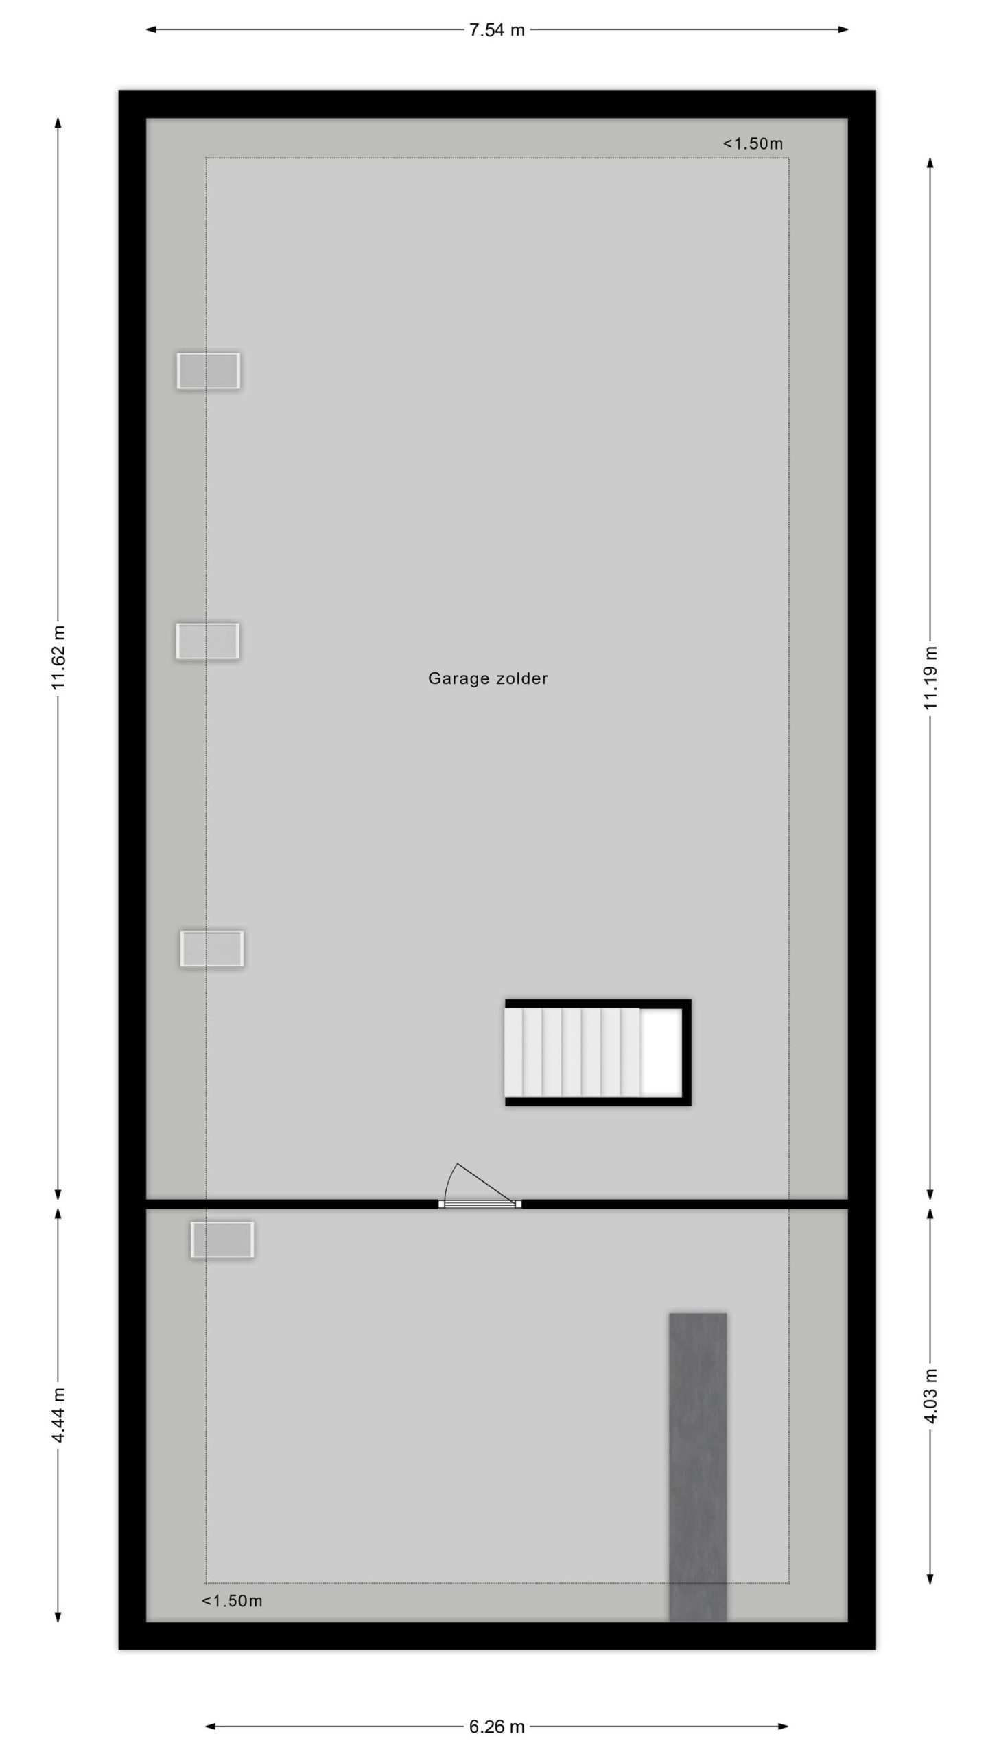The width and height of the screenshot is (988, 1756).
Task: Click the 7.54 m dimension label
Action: click(x=497, y=30)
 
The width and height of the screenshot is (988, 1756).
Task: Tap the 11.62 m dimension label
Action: click(x=59, y=657)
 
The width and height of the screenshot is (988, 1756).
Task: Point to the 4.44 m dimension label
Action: click(x=59, y=1414)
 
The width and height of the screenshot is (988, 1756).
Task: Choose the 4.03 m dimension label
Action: click(x=930, y=1395)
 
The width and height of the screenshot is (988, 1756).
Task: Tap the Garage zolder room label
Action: click(x=488, y=678)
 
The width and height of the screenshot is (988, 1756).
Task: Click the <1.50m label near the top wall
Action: click(x=753, y=143)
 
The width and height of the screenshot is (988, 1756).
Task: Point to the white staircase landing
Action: click(x=661, y=1052)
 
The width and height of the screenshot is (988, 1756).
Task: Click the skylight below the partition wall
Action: click(x=222, y=1239)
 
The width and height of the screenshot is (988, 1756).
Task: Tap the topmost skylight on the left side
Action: click(x=209, y=370)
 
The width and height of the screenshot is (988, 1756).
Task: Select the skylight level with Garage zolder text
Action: click(x=207, y=641)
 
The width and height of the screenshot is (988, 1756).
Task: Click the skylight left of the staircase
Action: click(x=212, y=949)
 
